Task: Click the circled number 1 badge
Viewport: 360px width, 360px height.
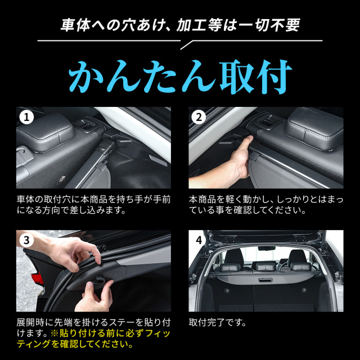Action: coord(26,118)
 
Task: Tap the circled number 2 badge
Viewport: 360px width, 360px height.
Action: coord(199,118)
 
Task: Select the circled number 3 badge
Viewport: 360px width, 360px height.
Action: coord(26,240)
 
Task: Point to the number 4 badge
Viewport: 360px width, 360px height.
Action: coord(199,240)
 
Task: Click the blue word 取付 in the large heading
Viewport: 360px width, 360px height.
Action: coord(255,76)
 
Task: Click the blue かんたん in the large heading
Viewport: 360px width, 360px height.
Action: coord(142,76)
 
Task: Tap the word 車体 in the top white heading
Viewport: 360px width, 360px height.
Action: coord(75,25)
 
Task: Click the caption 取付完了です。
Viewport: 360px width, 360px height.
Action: coord(217,323)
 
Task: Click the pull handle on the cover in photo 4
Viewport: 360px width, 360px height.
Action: coord(265,280)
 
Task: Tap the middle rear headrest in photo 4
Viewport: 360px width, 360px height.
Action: coord(265,267)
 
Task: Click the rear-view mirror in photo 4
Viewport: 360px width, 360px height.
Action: coord(266,249)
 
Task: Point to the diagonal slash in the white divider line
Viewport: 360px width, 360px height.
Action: coord(186,45)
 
